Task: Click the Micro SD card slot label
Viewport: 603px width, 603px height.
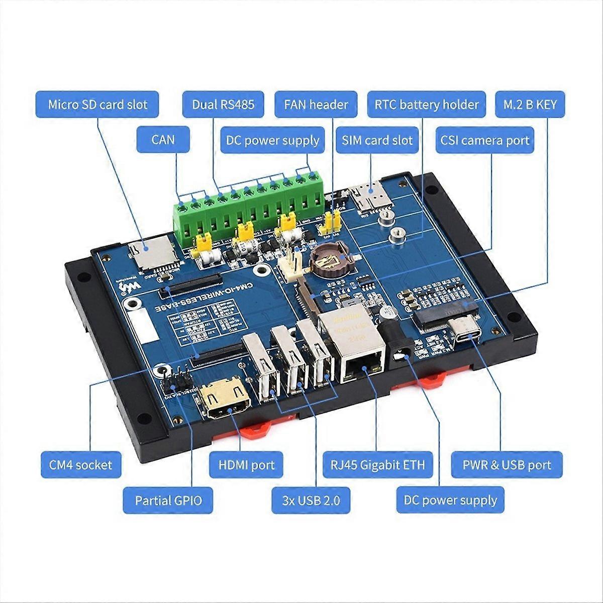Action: click(x=97, y=105)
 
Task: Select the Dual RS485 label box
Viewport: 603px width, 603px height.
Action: click(x=223, y=105)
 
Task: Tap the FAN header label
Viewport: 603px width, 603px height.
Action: click(x=316, y=105)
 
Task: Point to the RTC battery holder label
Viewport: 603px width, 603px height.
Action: click(x=427, y=105)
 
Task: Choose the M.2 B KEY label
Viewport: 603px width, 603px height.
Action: click(x=530, y=105)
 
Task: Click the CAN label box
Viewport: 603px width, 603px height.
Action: click(x=163, y=139)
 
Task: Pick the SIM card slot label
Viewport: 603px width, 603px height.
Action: click(x=377, y=140)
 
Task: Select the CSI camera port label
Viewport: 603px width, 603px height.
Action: click(x=485, y=140)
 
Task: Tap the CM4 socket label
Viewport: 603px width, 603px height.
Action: click(x=80, y=464)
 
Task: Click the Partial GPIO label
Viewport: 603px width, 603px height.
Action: click(x=168, y=500)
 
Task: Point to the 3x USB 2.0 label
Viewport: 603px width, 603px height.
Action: click(x=312, y=500)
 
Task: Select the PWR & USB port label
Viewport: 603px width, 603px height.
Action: click(x=507, y=464)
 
